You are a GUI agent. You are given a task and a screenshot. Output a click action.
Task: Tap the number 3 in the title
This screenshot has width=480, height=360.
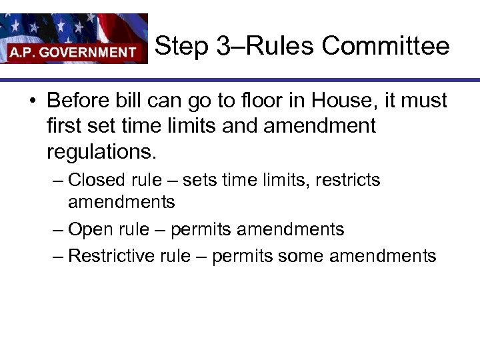pyautogui.click(x=223, y=47)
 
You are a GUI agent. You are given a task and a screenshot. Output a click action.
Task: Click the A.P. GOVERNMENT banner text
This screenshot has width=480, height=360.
pyautogui.click(x=72, y=52)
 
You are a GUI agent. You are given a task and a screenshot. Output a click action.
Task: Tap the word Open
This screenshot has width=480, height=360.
pyautogui.click(x=91, y=230)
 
